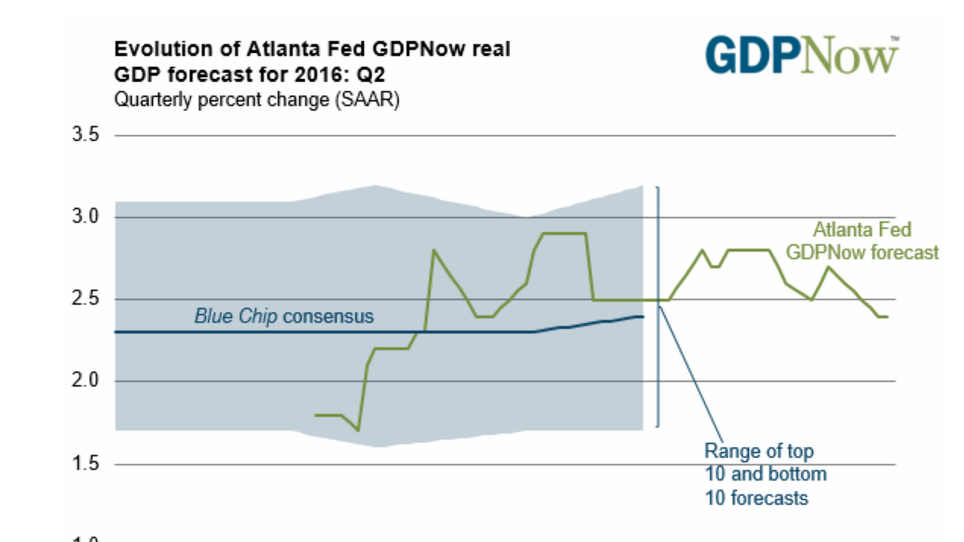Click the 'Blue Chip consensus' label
coord(284,316)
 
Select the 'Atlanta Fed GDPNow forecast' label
coord(862,241)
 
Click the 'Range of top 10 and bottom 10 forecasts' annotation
coord(765,474)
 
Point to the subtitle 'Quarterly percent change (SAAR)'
coord(256,101)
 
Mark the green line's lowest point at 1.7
coord(358,430)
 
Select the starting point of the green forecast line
coord(315,415)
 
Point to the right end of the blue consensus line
coord(643,316)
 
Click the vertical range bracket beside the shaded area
coord(659,305)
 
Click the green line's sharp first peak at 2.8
coord(434,251)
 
